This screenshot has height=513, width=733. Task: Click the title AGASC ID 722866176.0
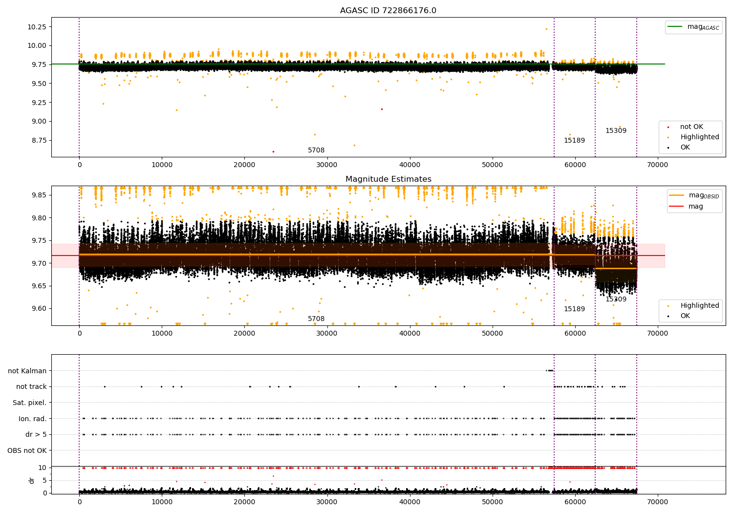click(x=388, y=11)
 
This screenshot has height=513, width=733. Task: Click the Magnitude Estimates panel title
click(x=388, y=179)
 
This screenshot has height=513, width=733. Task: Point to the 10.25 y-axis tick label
click(x=37, y=27)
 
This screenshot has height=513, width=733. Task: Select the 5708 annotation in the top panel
click(x=316, y=150)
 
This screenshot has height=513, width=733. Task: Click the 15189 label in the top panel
click(x=574, y=141)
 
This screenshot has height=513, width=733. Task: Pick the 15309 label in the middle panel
click(x=616, y=299)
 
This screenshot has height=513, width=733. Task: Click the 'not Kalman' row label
click(x=27, y=371)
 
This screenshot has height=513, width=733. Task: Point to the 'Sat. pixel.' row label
click(x=30, y=403)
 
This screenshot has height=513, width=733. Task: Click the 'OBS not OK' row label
click(x=27, y=450)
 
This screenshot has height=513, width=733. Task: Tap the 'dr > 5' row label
click(x=36, y=435)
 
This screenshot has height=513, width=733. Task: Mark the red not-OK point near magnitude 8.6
click(x=273, y=151)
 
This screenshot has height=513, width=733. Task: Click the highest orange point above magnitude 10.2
click(x=546, y=29)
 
